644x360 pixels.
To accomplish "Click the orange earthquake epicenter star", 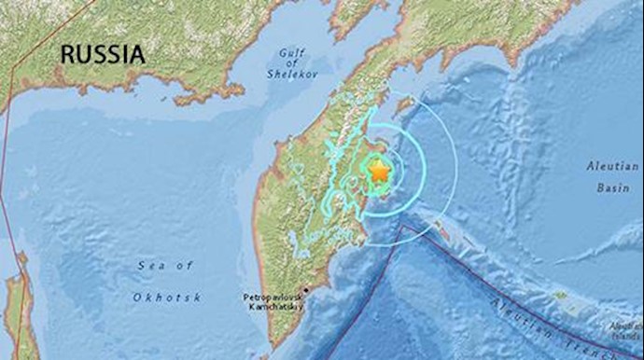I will (379, 173).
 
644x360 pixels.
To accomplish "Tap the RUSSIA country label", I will (103, 55).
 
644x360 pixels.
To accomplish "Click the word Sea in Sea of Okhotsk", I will (148, 267).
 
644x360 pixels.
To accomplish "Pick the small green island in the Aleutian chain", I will (560, 296).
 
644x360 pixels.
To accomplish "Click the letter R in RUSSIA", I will (68, 55).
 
